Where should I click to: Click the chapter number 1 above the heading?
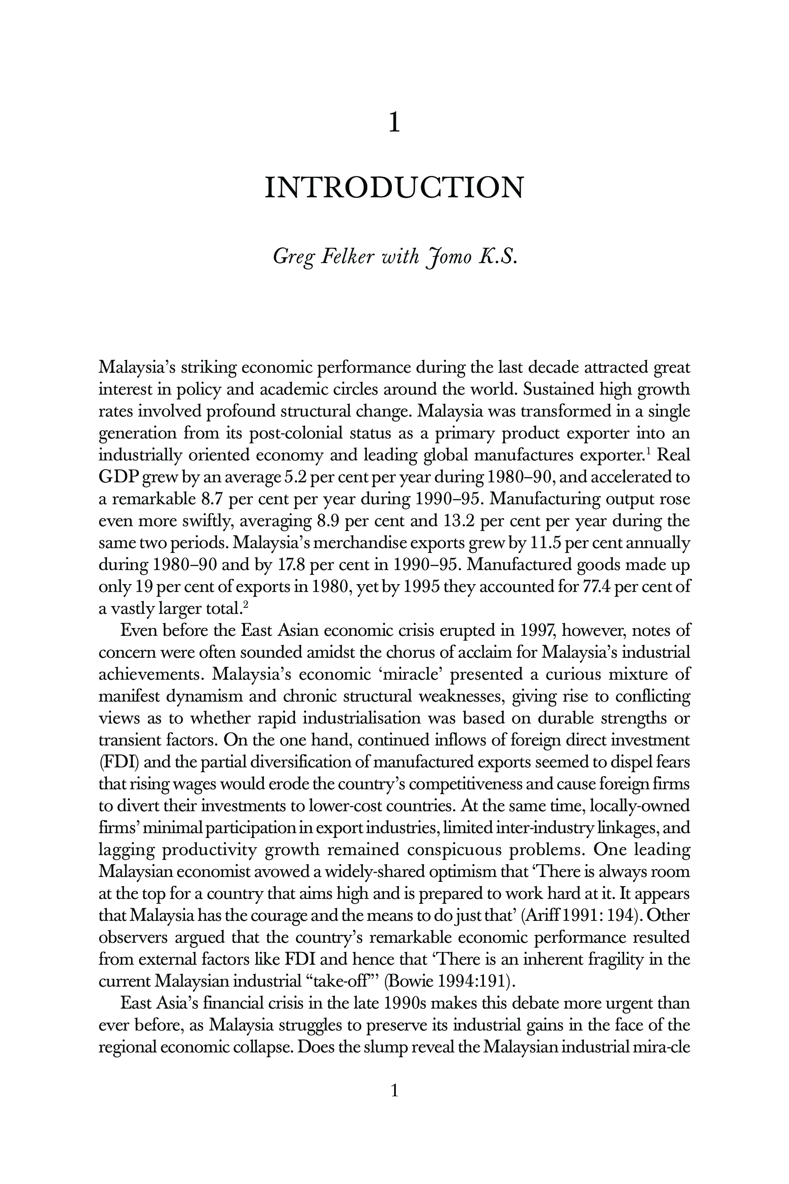(x=394, y=123)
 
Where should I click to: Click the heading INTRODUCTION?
(x=394, y=187)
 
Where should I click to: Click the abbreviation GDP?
(x=118, y=477)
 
